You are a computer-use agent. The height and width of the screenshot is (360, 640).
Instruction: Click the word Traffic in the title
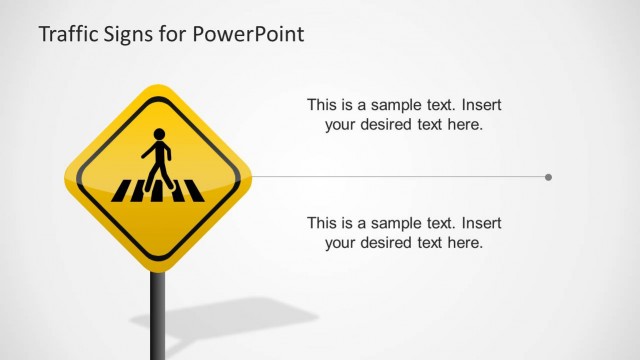pos(67,35)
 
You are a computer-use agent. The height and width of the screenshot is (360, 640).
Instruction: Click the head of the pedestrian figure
pos(158,134)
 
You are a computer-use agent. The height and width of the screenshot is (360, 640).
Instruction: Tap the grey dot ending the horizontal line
pos(548,177)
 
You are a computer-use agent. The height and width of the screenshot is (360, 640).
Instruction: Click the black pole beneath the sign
pos(157,314)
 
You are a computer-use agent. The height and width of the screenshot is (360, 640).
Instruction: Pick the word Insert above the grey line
pos(481,104)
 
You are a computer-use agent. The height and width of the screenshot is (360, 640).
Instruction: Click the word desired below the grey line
pos(395,242)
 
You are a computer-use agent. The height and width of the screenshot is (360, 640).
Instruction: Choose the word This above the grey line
pos(322,104)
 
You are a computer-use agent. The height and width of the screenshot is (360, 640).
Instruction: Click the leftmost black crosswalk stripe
pos(124,190)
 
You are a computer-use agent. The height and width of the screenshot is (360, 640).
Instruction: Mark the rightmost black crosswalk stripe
pos(194,190)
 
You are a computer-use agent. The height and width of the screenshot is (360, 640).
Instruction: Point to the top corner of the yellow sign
pos(157,88)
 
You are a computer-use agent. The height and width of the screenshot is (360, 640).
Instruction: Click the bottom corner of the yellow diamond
pos(157,268)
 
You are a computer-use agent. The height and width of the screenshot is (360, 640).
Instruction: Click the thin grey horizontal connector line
pos(400,177)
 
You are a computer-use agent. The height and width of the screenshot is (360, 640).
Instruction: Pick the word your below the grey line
pos(342,242)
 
